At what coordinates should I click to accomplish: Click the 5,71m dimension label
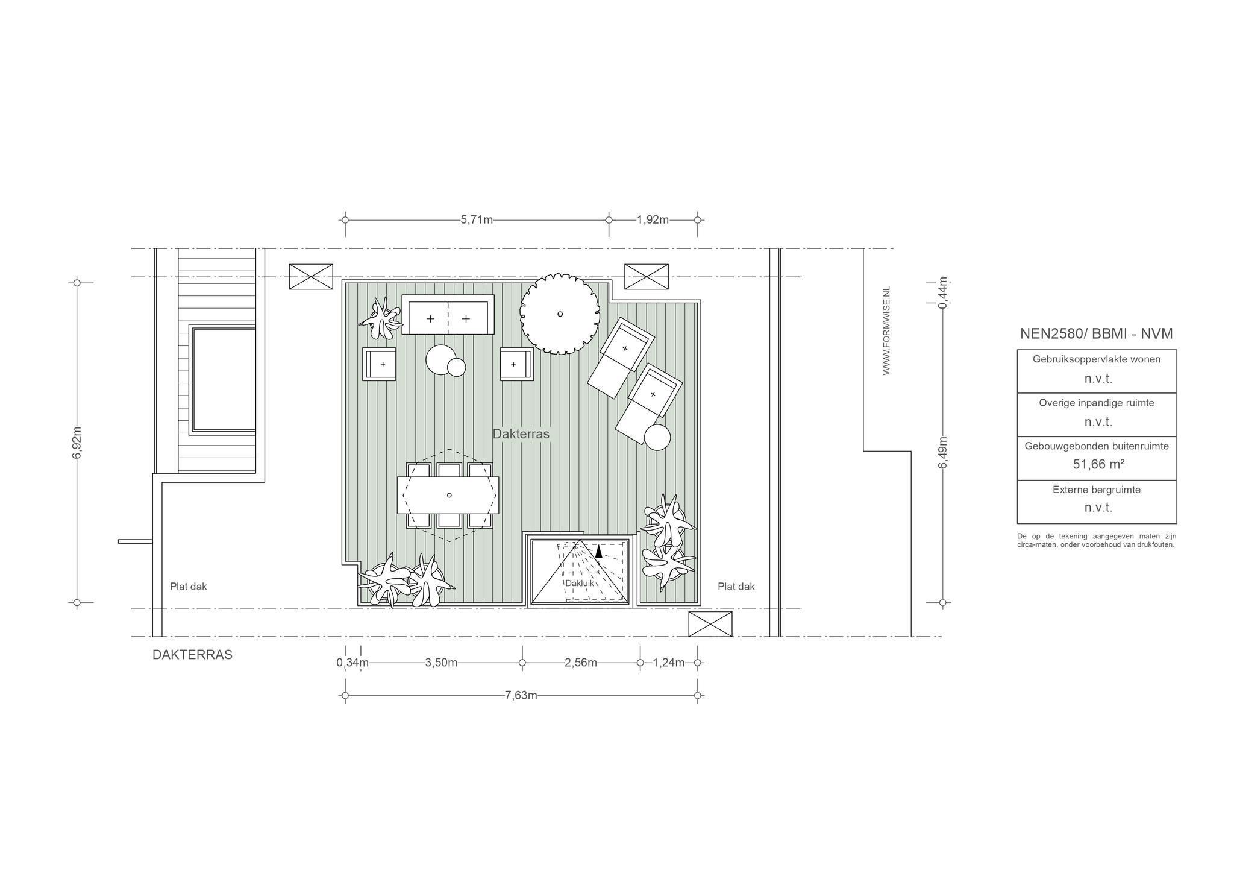[477, 220]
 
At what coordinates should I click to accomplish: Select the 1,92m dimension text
[653, 220]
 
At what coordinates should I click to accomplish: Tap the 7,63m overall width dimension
[521, 696]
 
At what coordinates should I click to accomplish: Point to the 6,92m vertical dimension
[77, 443]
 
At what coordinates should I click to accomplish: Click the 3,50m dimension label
[441, 663]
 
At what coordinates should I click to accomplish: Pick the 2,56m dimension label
[581, 663]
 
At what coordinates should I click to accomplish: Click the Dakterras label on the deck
[521, 434]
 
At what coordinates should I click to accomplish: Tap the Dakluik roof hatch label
[580, 584]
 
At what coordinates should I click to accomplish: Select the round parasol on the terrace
[560, 314]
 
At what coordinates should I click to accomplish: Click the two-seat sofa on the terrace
[448, 315]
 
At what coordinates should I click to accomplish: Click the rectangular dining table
[448, 496]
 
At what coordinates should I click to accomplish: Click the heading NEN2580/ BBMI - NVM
[1097, 334]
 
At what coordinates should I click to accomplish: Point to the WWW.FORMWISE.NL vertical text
[886, 330]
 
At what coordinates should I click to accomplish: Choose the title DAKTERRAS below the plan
[192, 655]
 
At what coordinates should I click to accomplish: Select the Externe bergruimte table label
[1097, 490]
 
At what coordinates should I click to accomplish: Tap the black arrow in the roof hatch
[598, 550]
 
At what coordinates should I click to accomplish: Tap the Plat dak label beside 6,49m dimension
[736, 586]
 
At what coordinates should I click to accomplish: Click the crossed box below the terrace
[710, 624]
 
